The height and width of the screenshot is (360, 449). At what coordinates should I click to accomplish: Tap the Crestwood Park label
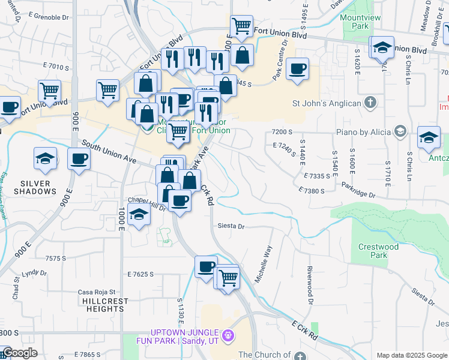coord(378,251)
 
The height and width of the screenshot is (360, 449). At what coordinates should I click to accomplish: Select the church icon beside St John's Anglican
coord(371,103)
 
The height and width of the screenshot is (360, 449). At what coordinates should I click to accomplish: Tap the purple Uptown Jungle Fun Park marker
coord(227,334)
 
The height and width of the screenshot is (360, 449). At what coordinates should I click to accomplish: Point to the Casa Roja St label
coord(95,292)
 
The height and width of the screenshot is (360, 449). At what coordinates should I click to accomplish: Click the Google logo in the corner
coord(19,353)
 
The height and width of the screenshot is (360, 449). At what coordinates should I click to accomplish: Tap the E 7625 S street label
coord(140,274)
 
